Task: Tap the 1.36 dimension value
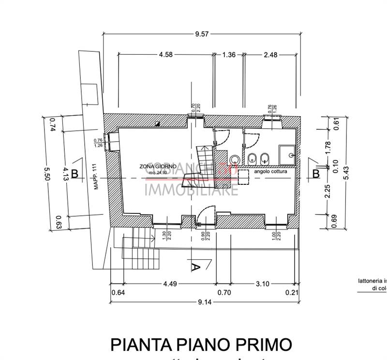[228, 55]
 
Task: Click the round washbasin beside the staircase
[235, 160]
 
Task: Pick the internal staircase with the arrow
[205, 165]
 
